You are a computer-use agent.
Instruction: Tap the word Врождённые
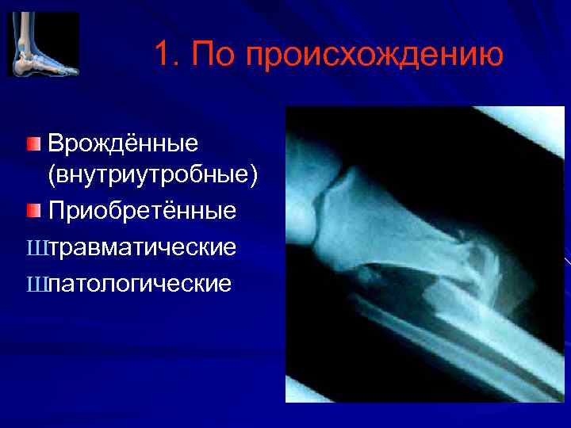tap(123, 145)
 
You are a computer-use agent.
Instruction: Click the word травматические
tap(142, 247)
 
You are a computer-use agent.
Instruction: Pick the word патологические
tap(140, 283)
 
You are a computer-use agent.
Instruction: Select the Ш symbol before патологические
tap(36, 283)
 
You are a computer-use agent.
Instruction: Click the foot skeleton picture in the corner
tap(44, 44)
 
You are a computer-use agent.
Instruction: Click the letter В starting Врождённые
tap(56, 145)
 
